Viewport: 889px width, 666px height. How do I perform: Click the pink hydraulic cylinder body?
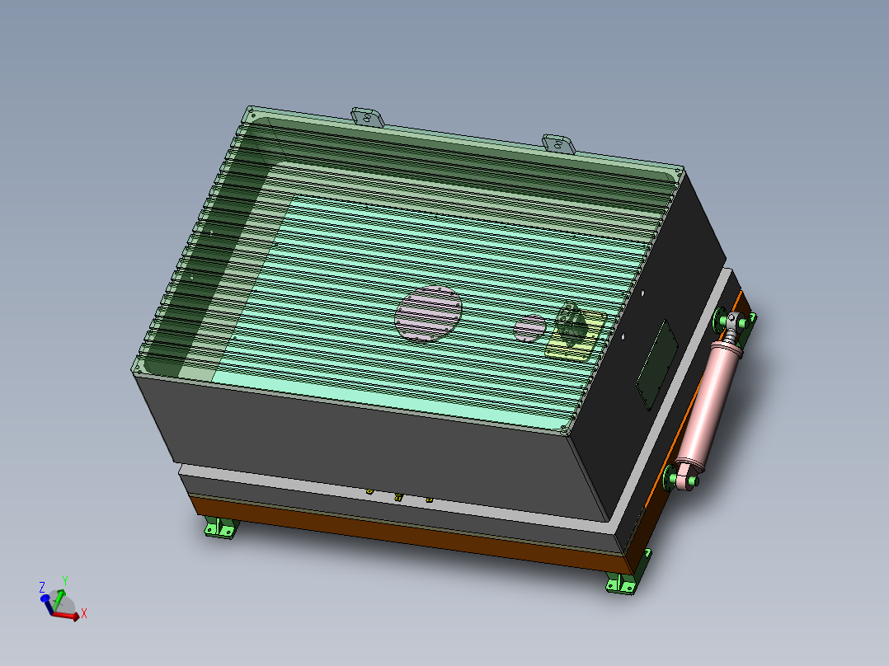(x=710, y=403)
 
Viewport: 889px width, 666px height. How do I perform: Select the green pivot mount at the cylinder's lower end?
(x=678, y=477)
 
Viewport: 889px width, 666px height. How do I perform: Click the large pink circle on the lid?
(x=428, y=314)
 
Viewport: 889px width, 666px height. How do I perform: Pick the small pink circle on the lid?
(x=529, y=328)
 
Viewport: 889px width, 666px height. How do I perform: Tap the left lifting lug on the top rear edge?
(x=368, y=117)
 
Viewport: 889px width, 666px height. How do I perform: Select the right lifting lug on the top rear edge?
(x=558, y=143)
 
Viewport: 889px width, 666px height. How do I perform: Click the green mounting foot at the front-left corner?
(x=220, y=528)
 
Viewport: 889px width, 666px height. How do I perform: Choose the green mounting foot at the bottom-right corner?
(x=623, y=584)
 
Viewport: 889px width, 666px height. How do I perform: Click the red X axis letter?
(x=84, y=614)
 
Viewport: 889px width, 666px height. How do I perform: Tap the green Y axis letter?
(x=64, y=581)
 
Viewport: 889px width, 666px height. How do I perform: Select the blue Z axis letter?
(x=42, y=588)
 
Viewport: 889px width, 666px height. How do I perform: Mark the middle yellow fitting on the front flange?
(x=398, y=497)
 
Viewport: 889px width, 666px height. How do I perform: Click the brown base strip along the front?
(x=396, y=528)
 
